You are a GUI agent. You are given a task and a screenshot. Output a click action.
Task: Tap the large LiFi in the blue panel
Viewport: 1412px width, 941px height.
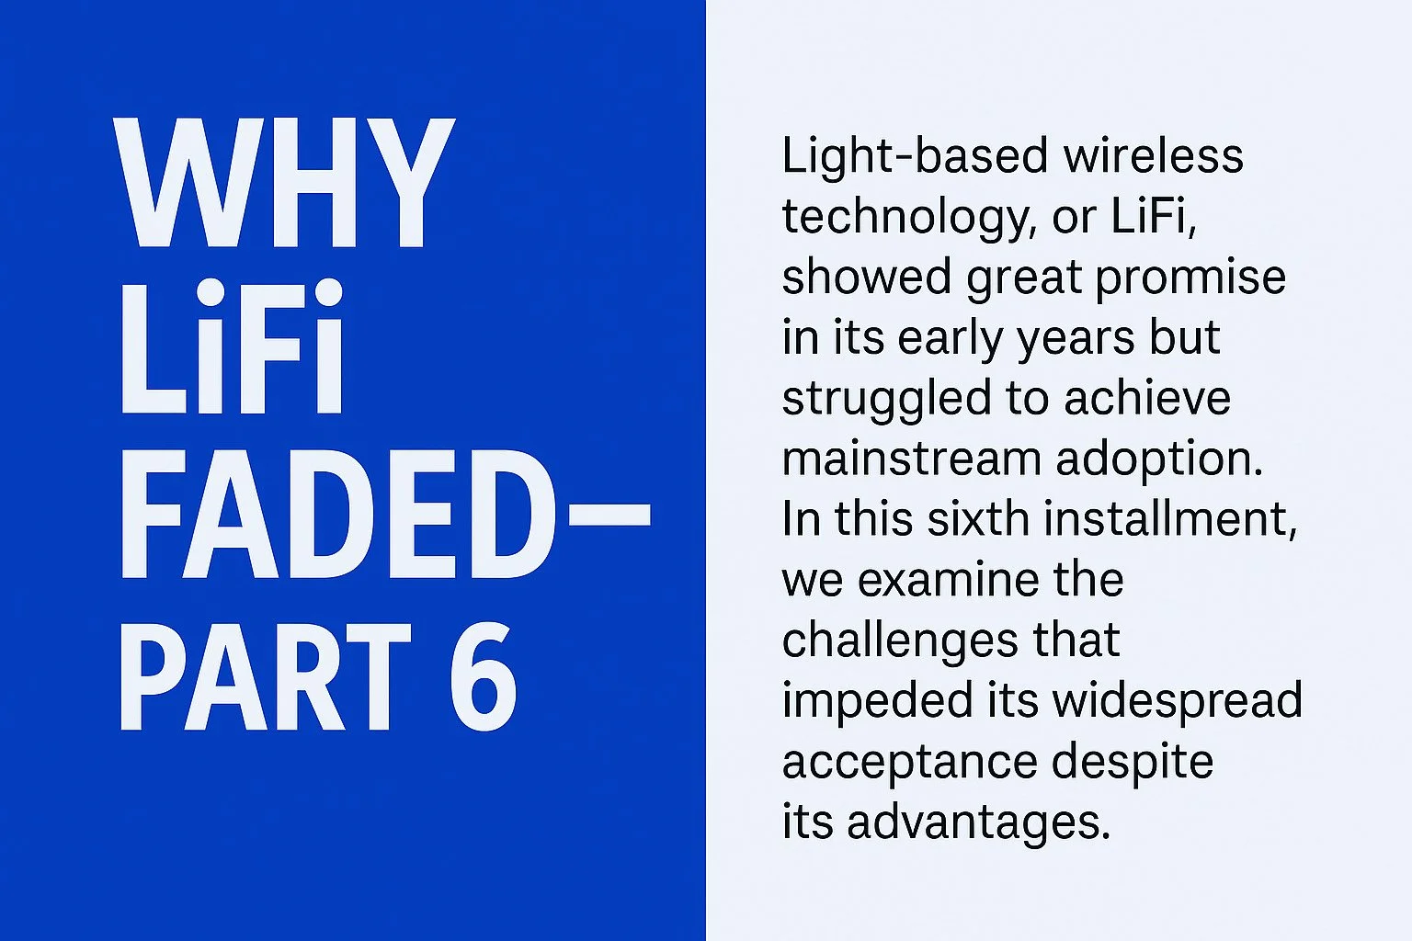click(x=232, y=349)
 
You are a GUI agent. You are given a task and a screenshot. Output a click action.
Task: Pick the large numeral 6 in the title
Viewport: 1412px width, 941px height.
click(x=482, y=678)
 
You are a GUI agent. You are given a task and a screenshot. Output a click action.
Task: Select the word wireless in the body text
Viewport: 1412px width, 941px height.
click(x=1154, y=156)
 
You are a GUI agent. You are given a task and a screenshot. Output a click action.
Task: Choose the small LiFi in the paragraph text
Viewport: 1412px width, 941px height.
click(x=1153, y=217)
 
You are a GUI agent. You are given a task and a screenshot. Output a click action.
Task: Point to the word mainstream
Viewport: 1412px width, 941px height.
click(x=910, y=459)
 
